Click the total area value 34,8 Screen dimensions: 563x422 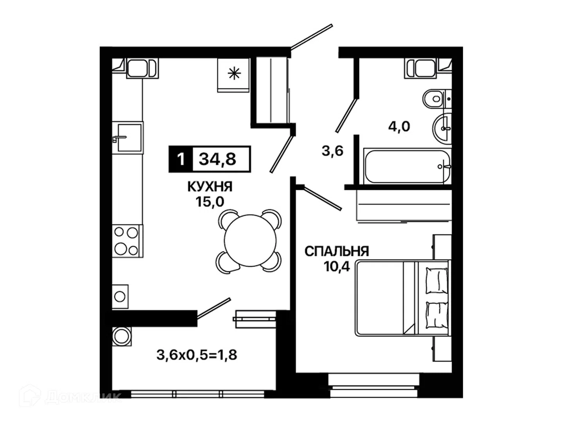coord(217,159)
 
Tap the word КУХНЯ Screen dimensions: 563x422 coord(210,186)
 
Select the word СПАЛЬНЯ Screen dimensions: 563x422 coord(337,251)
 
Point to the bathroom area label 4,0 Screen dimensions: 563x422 coord(399,126)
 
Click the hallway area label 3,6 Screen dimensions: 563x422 coord(332,151)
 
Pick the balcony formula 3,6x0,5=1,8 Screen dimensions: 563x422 coord(197,355)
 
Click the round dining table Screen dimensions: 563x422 coord(250,241)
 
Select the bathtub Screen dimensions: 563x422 coord(407,166)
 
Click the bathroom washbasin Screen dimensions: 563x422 coord(442,128)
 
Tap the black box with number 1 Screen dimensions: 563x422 coord(181,159)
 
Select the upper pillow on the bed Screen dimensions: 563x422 coord(436,280)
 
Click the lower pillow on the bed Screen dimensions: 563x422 coord(436,315)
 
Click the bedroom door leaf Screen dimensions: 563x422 coord(323,198)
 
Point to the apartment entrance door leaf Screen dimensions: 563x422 coord(312,36)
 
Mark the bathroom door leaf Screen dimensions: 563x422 coord(347,115)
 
